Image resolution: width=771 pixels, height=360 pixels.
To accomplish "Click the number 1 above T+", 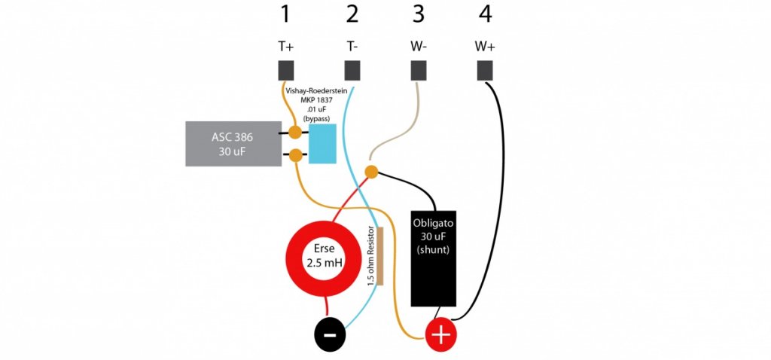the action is [x=285, y=15].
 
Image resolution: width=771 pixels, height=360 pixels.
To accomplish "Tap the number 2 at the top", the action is [x=352, y=15].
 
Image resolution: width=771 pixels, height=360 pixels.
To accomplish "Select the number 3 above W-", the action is [x=418, y=15].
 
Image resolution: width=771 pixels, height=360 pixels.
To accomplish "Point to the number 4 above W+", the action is [x=485, y=15].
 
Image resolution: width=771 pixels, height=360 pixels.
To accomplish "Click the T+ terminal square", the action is [x=286, y=71].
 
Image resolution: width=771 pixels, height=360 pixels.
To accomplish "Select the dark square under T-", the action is [x=352, y=71].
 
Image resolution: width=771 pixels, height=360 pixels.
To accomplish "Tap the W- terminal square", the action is [x=419, y=71].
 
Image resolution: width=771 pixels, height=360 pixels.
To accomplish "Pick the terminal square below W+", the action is [x=485, y=71].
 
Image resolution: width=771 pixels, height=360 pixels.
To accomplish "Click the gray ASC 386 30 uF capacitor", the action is [x=231, y=144].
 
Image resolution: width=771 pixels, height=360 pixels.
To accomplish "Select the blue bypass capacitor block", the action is [x=322, y=144].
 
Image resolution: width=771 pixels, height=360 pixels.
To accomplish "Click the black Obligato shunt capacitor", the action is [x=433, y=258].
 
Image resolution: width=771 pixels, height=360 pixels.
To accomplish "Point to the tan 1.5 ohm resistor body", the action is [x=379, y=256].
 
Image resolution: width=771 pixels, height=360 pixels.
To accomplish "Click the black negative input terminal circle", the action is [x=330, y=335].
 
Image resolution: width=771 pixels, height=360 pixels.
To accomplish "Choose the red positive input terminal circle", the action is [x=440, y=335].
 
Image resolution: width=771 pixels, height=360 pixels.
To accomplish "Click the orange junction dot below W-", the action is [x=371, y=172].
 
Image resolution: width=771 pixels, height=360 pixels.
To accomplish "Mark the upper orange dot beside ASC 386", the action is [x=295, y=132].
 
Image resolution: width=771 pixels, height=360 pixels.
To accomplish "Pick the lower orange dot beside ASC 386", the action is [x=295, y=155].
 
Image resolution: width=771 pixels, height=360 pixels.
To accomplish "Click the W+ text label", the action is [x=485, y=46].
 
